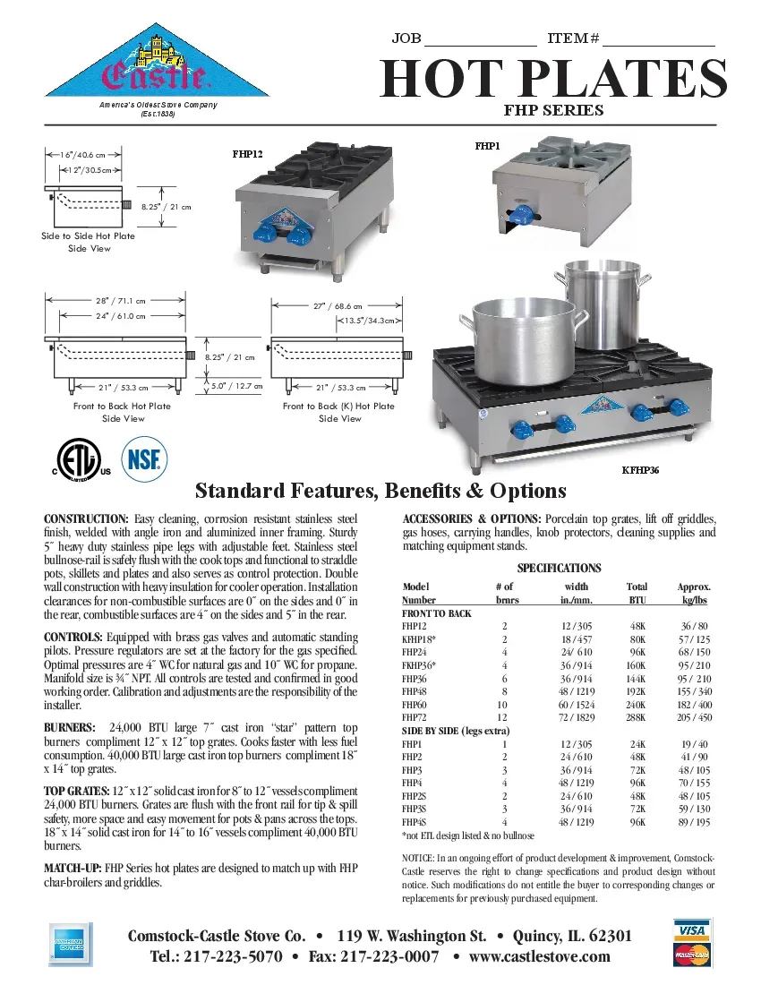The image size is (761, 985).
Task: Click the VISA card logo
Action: click(x=691, y=931)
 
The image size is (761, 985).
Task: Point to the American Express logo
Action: click(x=67, y=946)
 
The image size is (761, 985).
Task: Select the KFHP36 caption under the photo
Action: click(x=640, y=470)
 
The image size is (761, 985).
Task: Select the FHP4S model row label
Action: click(x=414, y=821)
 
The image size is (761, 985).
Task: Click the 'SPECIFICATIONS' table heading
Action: click(x=559, y=568)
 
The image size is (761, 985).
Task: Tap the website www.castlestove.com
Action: click(x=539, y=956)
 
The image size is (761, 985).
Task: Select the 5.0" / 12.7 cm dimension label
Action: click(x=235, y=387)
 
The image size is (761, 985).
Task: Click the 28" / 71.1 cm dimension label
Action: click(x=120, y=301)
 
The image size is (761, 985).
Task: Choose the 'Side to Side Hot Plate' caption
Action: click(x=89, y=236)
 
